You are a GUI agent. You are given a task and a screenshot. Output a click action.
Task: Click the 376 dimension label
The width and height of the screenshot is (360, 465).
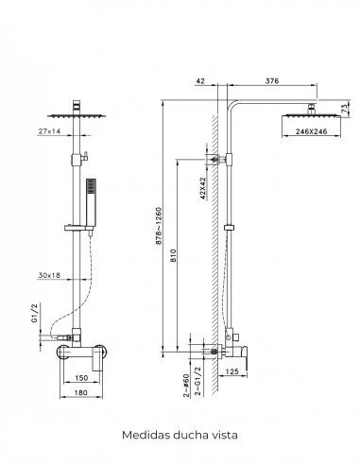coord(272,81)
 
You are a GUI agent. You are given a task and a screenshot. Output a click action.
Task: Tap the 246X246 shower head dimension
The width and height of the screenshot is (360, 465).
coord(311,131)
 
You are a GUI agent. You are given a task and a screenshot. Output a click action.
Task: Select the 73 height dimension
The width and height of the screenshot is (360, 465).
coord(344,109)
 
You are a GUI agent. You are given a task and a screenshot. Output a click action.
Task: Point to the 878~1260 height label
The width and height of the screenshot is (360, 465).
coord(159,225)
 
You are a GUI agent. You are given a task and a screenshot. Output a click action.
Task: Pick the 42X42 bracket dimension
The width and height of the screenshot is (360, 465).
coord(202,188)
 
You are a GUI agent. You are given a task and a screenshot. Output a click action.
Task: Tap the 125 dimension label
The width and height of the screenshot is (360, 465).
coord(232,371)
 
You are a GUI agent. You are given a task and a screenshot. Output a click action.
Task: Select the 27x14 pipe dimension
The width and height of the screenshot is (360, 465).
coord(49,131)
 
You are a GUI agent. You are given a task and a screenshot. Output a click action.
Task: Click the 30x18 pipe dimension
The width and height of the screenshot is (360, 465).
coord(49,275)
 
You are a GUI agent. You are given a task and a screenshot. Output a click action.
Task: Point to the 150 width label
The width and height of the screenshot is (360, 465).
coord(82,378)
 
